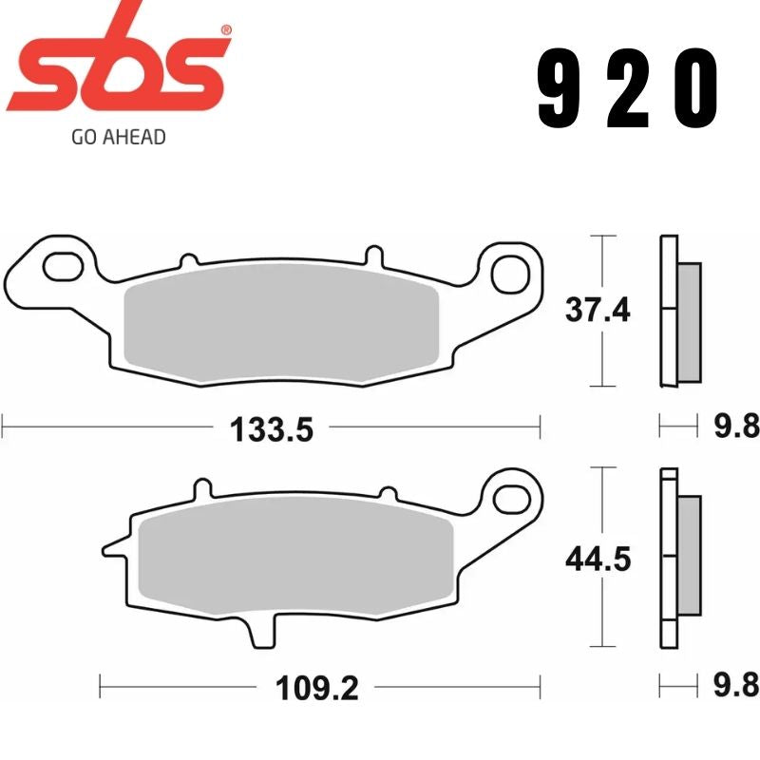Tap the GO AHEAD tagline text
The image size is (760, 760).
(119, 137)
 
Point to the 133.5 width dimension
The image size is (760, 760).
(271, 430)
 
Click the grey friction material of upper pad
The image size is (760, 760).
(281, 323)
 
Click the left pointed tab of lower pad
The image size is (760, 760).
(112, 548)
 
